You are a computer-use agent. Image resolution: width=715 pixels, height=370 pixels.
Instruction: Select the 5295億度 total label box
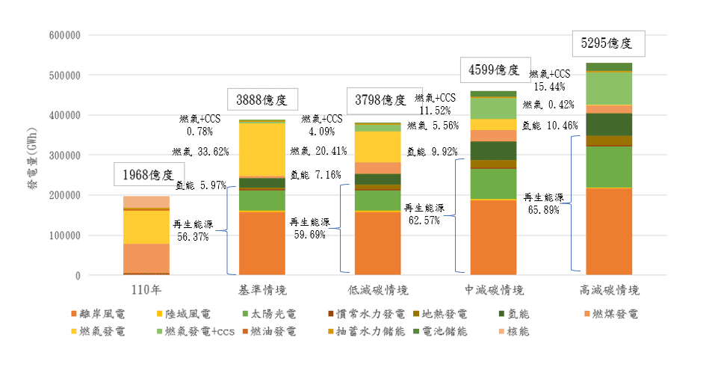point(607,43)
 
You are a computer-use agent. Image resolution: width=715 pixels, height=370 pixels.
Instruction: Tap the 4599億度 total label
point(495,70)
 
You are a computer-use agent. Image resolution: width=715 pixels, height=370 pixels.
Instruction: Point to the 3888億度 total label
point(261,100)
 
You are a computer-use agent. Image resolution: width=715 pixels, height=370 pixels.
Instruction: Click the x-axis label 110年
point(146,290)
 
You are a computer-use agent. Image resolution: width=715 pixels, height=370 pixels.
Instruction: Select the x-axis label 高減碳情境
point(609,290)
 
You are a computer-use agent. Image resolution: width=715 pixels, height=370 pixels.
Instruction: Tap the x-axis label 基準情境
point(262,290)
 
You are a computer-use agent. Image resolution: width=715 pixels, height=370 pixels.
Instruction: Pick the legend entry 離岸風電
point(98,314)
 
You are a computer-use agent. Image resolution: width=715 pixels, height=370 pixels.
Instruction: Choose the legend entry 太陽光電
point(270,314)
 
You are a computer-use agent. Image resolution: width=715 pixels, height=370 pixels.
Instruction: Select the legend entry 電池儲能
point(441,331)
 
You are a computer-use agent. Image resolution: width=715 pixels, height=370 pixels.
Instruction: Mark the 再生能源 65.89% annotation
point(544,203)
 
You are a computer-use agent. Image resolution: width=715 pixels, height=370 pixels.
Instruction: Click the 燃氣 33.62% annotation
point(201,152)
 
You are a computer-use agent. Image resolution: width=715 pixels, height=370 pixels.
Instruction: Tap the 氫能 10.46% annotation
point(550,126)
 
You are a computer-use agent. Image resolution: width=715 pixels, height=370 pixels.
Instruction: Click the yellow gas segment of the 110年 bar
point(146,226)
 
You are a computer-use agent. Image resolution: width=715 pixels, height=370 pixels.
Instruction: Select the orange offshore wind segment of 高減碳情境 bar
point(609,231)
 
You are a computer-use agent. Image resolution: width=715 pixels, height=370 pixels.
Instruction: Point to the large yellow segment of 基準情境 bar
point(262,149)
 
